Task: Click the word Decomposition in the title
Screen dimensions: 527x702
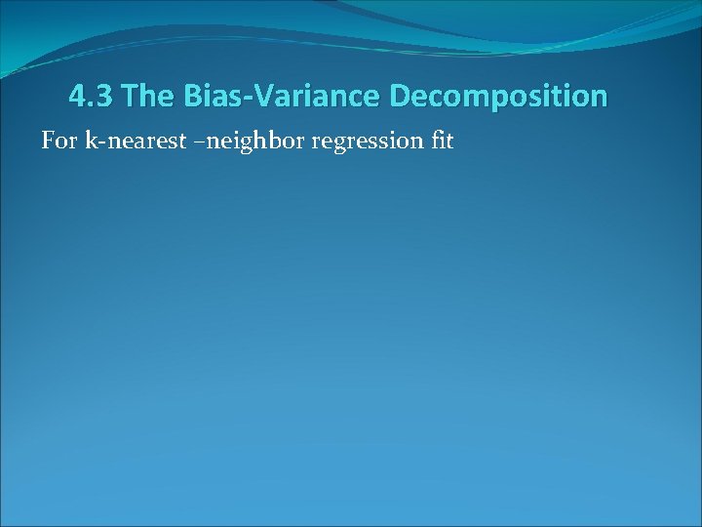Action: tap(498, 97)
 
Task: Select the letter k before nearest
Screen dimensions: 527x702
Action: tap(91, 142)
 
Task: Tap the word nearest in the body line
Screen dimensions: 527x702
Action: tap(136, 142)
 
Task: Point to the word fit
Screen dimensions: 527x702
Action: tap(442, 142)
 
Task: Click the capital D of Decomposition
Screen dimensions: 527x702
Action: tap(400, 97)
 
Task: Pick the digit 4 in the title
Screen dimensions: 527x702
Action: tap(77, 97)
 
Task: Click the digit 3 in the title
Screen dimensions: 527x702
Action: tap(106, 97)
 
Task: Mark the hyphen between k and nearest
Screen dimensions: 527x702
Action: tap(99, 143)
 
